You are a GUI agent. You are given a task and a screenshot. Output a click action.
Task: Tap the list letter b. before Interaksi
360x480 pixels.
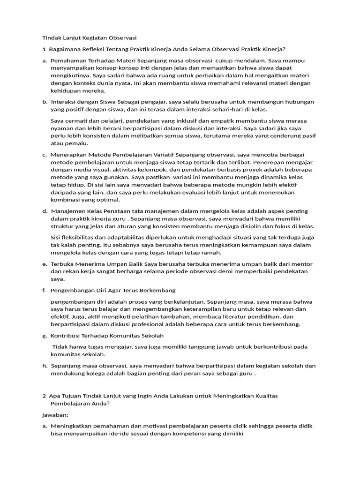pyautogui.click(x=45, y=102)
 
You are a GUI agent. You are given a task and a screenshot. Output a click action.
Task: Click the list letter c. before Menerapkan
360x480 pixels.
pyautogui.click(x=45, y=155)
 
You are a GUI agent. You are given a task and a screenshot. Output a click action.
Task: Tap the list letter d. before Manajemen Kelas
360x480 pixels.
pyautogui.click(x=45, y=211)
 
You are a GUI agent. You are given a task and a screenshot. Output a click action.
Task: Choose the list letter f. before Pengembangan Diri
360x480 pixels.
pyautogui.click(x=44, y=290)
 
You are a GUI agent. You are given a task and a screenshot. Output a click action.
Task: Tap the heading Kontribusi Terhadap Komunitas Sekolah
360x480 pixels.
pyautogui.click(x=107, y=336)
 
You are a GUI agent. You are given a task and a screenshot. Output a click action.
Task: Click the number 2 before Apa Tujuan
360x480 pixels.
pyautogui.click(x=44, y=396)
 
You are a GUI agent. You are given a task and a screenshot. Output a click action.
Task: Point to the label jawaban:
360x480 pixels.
pyautogui.click(x=55, y=415)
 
